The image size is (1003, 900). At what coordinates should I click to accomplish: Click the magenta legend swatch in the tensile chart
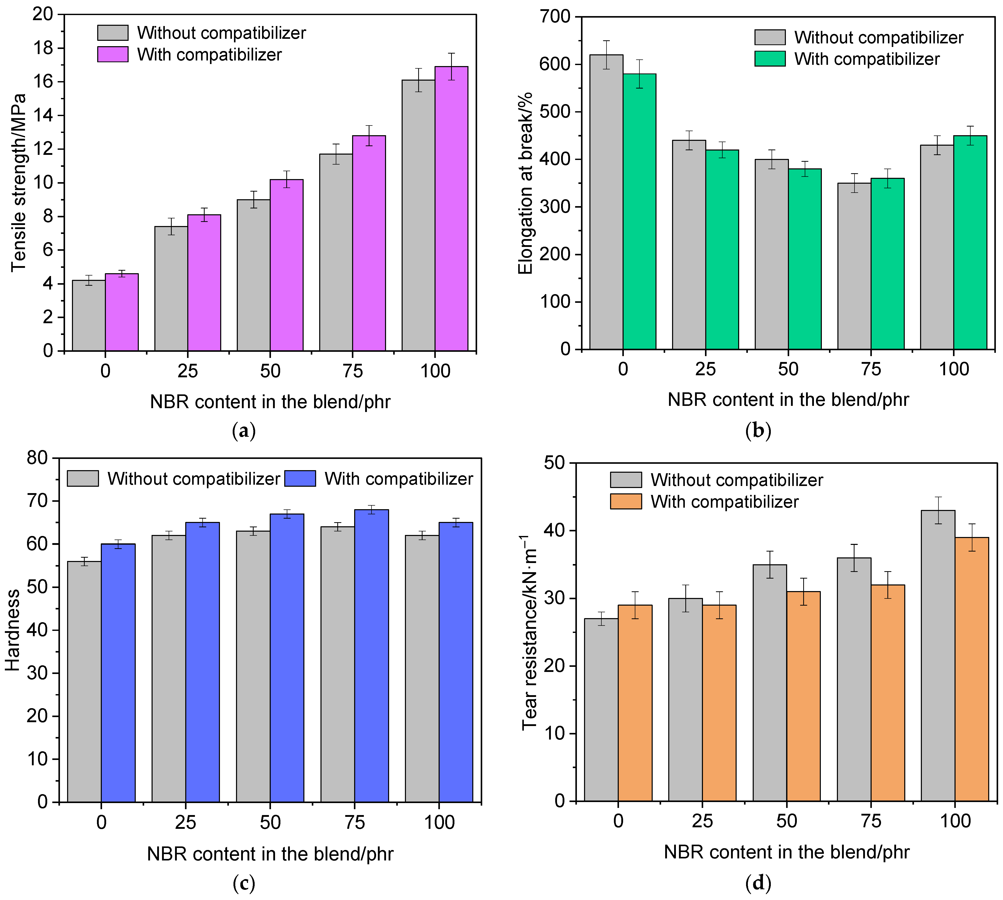113,54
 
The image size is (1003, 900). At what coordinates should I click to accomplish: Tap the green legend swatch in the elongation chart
770,59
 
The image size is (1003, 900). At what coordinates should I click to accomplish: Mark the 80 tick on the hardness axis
38,458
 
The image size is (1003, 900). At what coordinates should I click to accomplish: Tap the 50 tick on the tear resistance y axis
554,463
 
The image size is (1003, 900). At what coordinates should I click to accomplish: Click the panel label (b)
758,431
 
